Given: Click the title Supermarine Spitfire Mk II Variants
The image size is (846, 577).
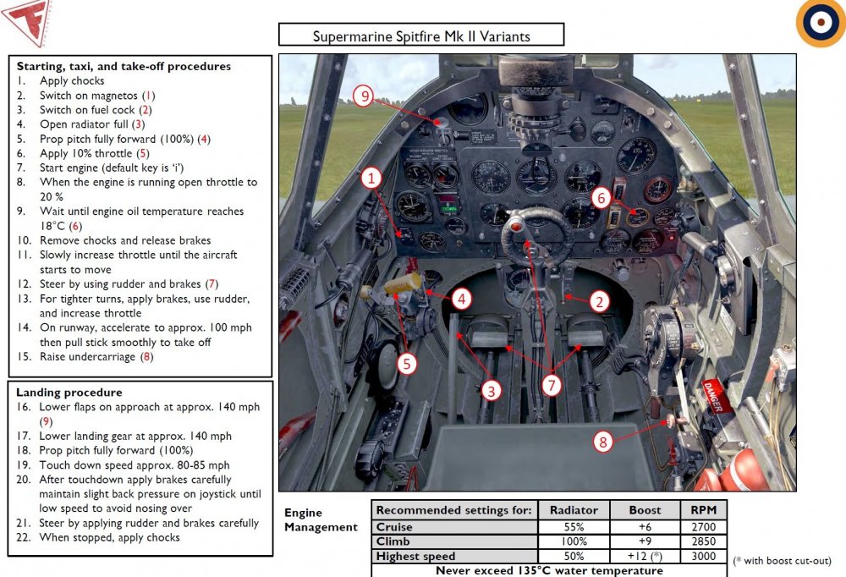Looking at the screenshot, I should click(421, 36).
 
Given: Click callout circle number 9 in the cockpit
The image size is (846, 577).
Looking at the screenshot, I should click(365, 96).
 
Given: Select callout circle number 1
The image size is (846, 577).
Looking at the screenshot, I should click(371, 178).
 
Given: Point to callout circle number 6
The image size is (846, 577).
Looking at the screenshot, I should click(601, 198).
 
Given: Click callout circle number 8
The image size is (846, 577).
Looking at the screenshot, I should click(602, 441).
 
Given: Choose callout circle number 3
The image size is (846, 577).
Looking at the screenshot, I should click(491, 390).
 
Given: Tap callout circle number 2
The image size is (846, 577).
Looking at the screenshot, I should click(599, 301).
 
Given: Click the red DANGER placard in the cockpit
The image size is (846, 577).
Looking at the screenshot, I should click(712, 395).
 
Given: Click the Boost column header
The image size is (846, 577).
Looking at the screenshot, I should click(644, 509).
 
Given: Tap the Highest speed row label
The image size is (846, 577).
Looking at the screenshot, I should click(415, 555).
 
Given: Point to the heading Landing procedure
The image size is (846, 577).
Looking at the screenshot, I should click(69, 393).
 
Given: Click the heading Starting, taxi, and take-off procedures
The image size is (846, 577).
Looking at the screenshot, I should click(124, 66).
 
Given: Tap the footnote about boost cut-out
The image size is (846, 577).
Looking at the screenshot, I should click(782, 561).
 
